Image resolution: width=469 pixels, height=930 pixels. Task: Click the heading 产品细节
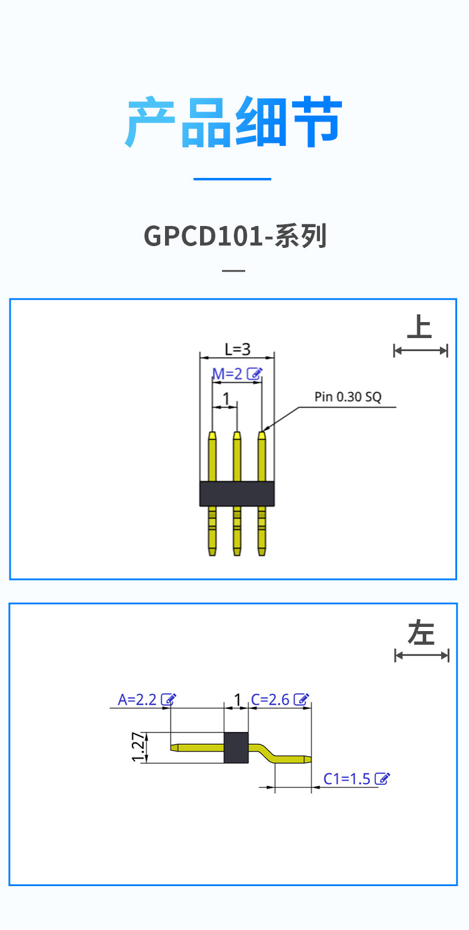[234, 123]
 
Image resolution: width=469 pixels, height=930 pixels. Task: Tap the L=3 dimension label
[237, 349]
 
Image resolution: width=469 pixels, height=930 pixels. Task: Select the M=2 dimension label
[228, 374]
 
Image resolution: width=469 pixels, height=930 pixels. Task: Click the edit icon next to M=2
[254, 374]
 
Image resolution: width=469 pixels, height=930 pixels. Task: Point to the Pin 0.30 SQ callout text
[348, 397]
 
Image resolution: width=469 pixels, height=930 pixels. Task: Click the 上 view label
[420, 327]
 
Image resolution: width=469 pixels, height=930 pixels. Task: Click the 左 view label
[421, 633]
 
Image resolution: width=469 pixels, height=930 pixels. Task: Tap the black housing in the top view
[237, 493]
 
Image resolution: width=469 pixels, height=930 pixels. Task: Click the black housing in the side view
[235, 747]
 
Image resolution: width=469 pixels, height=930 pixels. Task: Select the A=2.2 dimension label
[137, 699]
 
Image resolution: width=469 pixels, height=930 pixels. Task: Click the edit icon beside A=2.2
[169, 699]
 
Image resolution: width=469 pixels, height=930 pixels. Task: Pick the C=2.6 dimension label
[270, 699]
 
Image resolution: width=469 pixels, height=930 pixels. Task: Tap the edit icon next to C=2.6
[302, 699]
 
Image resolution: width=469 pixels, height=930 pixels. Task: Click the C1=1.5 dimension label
[347, 779]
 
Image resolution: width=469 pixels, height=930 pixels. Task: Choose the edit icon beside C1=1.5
[383, 779]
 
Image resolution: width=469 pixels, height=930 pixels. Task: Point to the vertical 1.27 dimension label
[138, 747]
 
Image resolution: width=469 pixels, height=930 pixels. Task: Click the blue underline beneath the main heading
[232, 179]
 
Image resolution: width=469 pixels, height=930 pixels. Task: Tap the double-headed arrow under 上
[420, 351]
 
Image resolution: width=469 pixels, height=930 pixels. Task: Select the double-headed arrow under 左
[422, 655]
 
